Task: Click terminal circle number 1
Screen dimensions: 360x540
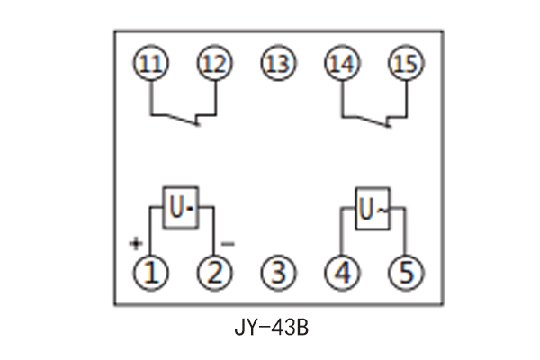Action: (x=151, y=271)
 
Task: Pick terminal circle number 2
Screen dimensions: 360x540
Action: (x=214, y=271)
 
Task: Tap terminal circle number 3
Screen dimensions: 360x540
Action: (x=278, y=271)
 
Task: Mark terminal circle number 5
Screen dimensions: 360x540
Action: (x=404, y=271)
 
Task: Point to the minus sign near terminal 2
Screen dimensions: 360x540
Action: (x=228, y=243)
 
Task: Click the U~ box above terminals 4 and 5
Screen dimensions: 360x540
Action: (x=373, y=209)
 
